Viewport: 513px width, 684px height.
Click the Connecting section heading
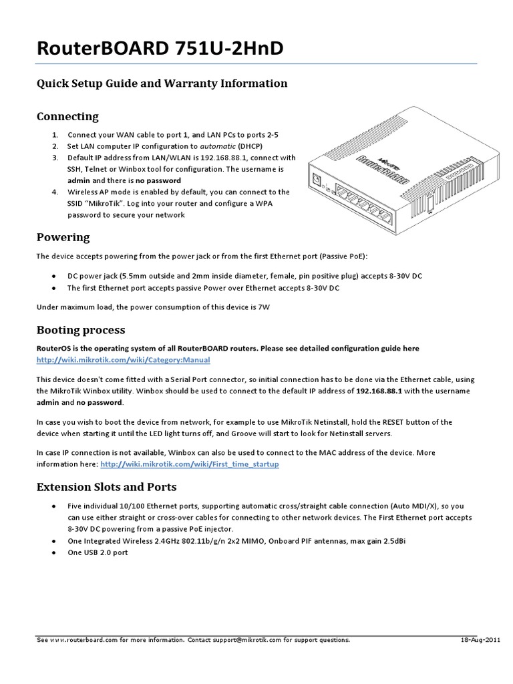67,116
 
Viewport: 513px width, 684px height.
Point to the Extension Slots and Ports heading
106,487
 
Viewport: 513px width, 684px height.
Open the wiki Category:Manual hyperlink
123,359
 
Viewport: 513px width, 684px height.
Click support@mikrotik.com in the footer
252,639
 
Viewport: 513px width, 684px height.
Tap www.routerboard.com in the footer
82,639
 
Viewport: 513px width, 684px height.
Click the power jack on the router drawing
317,179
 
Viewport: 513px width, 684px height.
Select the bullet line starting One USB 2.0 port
98,553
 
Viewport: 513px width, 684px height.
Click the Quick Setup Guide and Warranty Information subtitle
161,83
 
